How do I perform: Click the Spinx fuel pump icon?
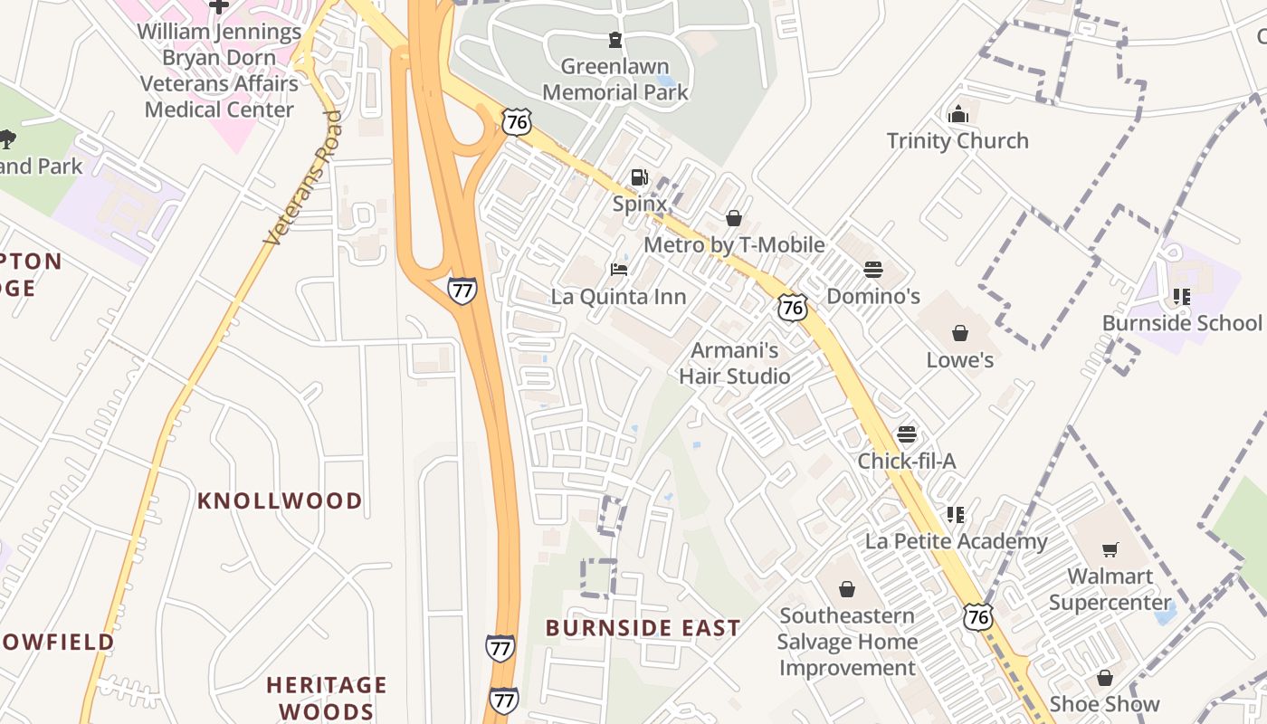coord(639,177)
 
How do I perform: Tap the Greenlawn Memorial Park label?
coord(614,80)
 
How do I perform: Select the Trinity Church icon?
coord(957,114)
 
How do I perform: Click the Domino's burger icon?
coord(872,270)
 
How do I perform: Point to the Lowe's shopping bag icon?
coord(960,333)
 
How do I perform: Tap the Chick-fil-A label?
coord(906,462)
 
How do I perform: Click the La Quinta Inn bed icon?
coord(619,270)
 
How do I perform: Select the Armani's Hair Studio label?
coord(735,364)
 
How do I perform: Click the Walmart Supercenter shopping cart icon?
coord(1110,549)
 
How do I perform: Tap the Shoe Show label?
coord(1104,704)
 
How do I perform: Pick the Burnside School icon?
coord(1181,296)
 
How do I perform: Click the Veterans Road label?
coord(303,178)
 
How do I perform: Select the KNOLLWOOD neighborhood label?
coord(280,500)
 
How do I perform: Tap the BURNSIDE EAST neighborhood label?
coord(643,628)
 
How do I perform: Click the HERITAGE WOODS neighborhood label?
coord(327,698)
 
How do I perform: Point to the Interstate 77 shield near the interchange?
coord(462,291)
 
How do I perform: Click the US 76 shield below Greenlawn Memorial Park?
coord(517,122)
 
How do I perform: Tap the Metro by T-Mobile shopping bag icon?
coord(733,218)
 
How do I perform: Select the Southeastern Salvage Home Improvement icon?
coord(846,589)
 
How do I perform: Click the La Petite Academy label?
coord(956,542)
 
